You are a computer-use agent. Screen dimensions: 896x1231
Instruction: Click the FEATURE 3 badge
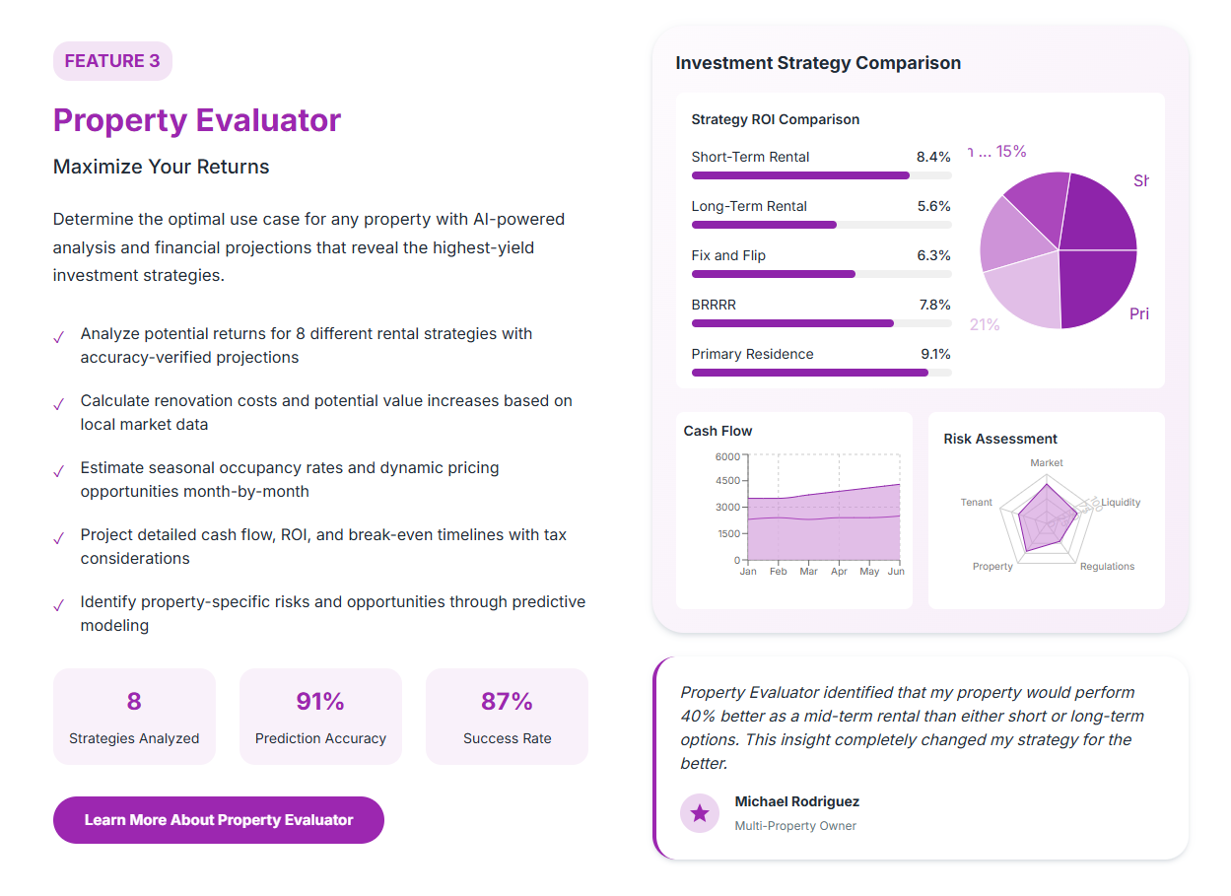[112, 61]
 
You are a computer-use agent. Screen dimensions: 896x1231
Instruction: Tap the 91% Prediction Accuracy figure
[320, 702]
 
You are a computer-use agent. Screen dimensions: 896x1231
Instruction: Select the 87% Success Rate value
[507, 702]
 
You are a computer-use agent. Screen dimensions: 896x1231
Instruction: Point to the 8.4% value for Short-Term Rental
[933, 157]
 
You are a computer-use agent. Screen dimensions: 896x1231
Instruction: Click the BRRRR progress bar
[821, 323]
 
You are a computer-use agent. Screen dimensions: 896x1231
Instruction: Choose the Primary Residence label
[752, 354]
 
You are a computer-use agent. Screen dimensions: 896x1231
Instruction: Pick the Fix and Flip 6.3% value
[933, 255]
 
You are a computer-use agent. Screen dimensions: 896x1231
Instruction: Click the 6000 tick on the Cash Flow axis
[727, 456]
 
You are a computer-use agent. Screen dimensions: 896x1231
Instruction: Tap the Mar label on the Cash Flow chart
[808, 572]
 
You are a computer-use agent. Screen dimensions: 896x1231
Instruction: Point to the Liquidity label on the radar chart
[1121, 503]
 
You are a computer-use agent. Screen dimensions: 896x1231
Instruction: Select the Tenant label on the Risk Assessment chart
[977, 503]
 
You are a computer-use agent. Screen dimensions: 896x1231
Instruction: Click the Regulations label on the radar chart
[1107, 567]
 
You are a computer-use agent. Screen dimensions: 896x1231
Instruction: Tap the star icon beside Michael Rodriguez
[700, 813]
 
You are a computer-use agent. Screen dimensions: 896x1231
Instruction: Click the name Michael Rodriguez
[796, 801]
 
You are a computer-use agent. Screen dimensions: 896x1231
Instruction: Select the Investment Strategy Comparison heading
[818, 63]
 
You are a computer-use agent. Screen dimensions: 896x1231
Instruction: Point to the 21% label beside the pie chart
[985, 324]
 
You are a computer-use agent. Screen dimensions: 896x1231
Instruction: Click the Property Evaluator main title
[197, 120]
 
